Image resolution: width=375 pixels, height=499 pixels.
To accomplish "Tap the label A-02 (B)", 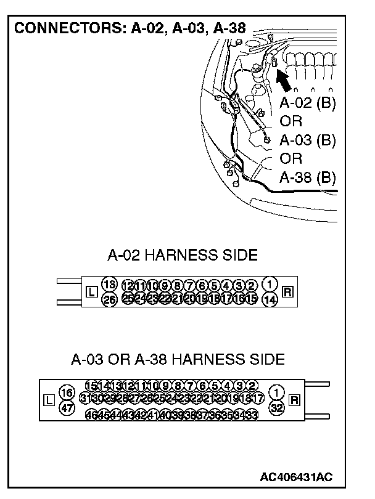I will click(307, 102).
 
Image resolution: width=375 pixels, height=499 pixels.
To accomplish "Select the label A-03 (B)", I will click(307, 140).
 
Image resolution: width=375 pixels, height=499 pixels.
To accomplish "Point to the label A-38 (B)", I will click(307, 178).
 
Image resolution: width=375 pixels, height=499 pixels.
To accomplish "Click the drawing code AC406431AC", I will click(297, 477).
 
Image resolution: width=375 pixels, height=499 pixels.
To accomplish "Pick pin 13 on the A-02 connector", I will click(109, 284).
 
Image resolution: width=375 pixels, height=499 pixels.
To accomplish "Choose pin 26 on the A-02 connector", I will click(109, 300).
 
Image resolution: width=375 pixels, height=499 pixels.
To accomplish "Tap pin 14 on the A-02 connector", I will click(270, 300).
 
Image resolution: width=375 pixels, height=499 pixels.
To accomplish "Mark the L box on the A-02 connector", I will click(91, 292).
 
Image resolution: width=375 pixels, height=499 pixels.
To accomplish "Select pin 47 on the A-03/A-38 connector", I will click(67, 407).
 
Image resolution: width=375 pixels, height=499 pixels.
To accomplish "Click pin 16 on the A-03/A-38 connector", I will click(67, 392).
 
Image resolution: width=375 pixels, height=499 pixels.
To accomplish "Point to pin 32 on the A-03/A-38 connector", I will click(278, 407).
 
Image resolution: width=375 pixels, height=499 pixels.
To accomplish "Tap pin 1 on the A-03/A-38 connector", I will click(278, 392).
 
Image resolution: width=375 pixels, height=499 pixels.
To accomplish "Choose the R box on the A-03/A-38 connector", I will click(294, 400).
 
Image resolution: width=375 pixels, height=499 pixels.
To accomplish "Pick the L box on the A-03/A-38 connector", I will click(50, 400).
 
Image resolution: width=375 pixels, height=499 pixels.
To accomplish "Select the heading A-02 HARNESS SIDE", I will click(183, 254).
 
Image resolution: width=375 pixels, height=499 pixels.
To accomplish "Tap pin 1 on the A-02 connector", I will click(270, 284).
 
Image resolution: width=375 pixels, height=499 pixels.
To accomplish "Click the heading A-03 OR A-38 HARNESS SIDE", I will click(178, 359).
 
